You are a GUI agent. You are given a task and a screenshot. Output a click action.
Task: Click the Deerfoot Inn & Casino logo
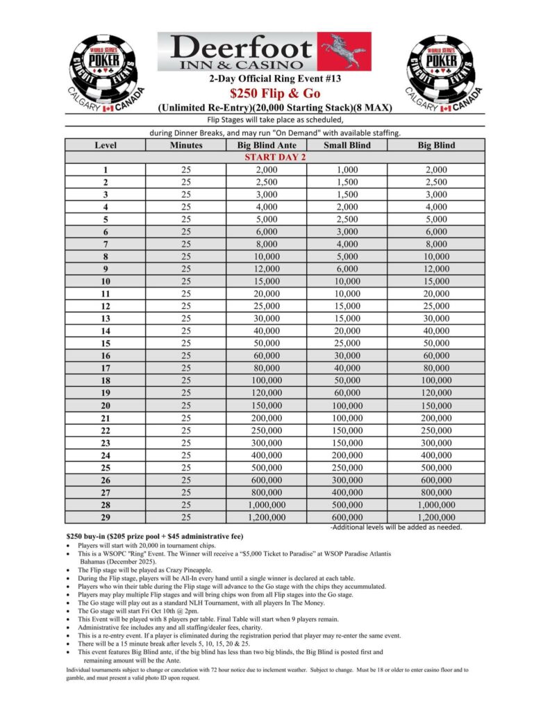pyautogui.click(x=264, y=51)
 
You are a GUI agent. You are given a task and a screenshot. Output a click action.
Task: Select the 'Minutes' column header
pyautogui.click(x=186, y=145)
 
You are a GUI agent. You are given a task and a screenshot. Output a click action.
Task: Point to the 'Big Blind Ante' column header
pyautogui.click(x=267, y=145)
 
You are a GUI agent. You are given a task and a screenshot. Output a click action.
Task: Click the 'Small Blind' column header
pyautogui.click(x=347, y=145)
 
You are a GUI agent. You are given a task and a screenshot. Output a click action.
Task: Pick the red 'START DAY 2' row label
pyautogui.click(x=275, y=158)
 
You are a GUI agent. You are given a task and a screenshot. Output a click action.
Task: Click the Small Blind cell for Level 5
pyautogui.click(x=347, y=219)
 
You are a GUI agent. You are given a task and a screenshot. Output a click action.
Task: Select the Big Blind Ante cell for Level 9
pyautogui.click(x=267, y=269)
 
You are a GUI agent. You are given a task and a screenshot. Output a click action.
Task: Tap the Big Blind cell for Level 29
pyautogui.click(x=436, y=517)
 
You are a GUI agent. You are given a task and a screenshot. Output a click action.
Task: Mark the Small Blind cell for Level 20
pyautogui.click(x=347, y=405)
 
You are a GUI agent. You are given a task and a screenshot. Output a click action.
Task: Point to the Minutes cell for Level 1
pyautogui.click(x=186, y=170)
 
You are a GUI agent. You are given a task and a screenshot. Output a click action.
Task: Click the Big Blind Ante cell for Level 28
pyautogui.click(x=267, y=505)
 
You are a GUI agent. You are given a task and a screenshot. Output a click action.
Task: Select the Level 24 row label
pyautogui.click(x=106, y=455)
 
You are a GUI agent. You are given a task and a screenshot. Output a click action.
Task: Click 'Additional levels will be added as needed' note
pyautogui.click(x=396, y=527)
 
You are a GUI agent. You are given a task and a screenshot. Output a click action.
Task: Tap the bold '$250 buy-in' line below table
pyautogui.click(x=154, y=537)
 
